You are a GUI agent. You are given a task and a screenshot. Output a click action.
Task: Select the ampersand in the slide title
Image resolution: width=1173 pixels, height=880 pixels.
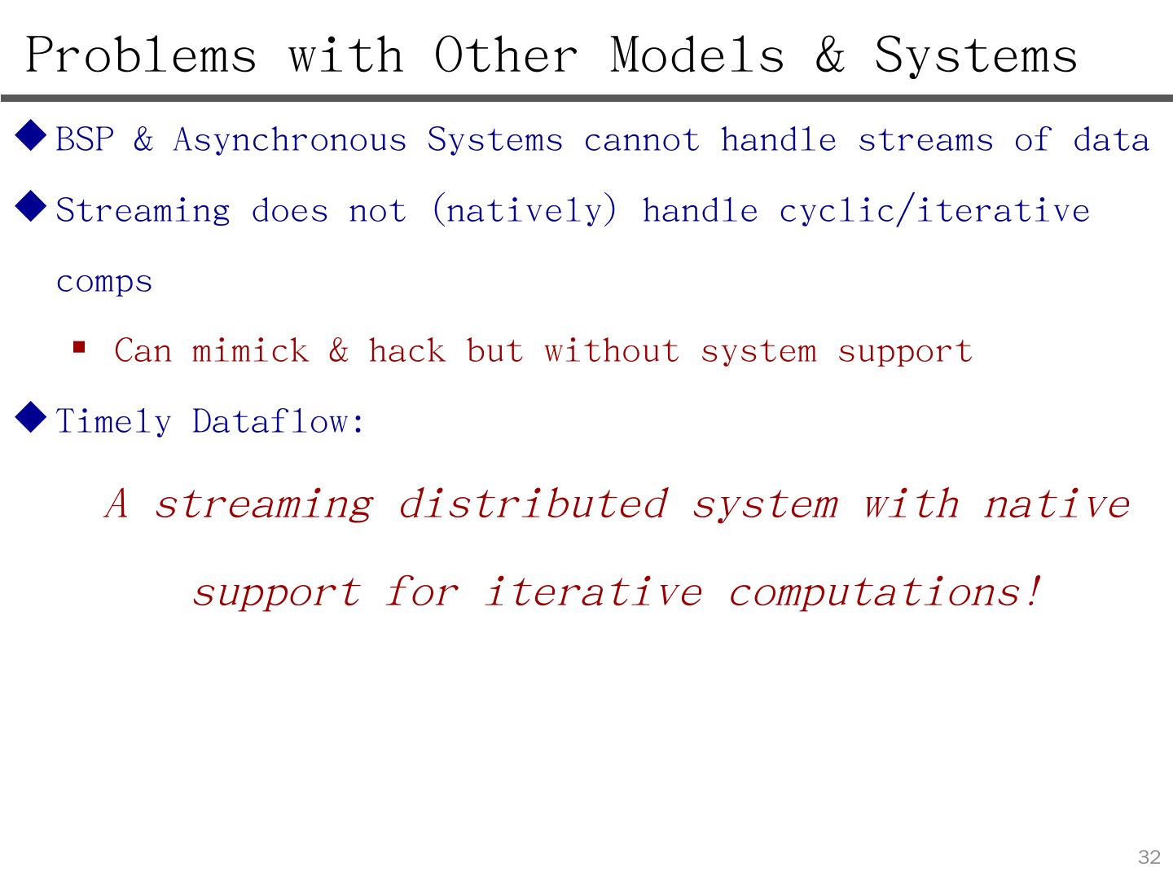[829, 55]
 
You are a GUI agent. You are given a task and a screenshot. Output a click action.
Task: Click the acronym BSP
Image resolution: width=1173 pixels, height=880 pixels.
[85, 140]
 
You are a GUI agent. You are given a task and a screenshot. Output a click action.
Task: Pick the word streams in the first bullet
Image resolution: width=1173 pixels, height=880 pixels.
[925, 140]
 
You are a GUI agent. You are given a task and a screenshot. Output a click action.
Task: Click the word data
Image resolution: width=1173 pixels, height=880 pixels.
[1111, 140]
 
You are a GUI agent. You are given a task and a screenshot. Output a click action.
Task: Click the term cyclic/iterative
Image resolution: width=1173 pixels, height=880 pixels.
[934, 211]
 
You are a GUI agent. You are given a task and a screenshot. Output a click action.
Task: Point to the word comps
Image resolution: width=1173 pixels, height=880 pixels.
[104, 283]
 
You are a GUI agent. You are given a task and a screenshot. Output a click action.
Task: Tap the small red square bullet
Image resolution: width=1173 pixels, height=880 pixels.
[79, 347]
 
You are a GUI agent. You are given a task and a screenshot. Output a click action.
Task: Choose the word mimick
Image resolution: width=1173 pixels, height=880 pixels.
[250, 351]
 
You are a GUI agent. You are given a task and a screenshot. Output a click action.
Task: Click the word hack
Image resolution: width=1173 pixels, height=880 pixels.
[406, 351]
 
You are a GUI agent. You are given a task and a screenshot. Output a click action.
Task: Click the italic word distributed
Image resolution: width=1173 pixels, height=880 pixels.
[533, 504]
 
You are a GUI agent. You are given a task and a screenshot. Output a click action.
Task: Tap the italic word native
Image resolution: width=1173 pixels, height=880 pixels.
[1057, 504]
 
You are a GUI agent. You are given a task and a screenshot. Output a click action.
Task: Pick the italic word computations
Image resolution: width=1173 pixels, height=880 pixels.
[885, 592]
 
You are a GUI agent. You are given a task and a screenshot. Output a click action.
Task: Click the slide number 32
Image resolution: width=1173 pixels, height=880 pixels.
[1149, 857]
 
